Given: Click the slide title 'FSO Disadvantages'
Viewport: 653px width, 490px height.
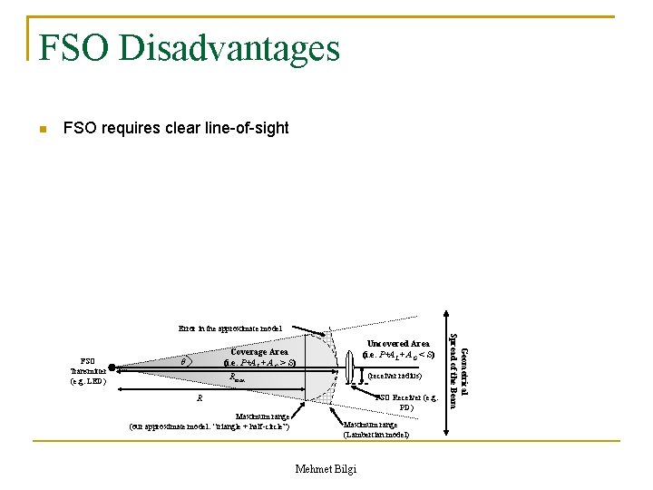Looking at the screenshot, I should pyautogui.click(x=190, y=47).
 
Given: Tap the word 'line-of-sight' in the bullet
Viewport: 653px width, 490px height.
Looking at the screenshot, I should pyautogui.click(x=247, y=128).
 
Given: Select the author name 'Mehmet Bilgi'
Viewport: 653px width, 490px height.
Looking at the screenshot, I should pyautogui.click(x=326, y=468).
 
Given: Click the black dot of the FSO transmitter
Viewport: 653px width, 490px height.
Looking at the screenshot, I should pyautogui.click(x=112, y=368).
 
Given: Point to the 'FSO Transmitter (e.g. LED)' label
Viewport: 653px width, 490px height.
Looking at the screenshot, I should pyautogui.click(x=88, y=370).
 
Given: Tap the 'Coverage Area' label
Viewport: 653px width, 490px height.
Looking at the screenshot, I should pyautogui.click(x=259, y=352).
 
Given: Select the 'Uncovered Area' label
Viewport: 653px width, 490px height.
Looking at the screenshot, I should pyautogui.click(x=398, y=344).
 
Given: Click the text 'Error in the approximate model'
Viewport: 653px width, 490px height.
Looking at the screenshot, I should pyautogui.click(x=230, y=328).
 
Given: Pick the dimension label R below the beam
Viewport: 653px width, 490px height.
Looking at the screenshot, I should pyautogui.click(x=200, y=398).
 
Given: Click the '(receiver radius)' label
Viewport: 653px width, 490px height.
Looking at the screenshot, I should pyautogui.click(x=395, y=374).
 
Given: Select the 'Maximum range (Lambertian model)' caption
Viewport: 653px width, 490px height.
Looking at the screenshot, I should pyautogui.click(x=375, y=429).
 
